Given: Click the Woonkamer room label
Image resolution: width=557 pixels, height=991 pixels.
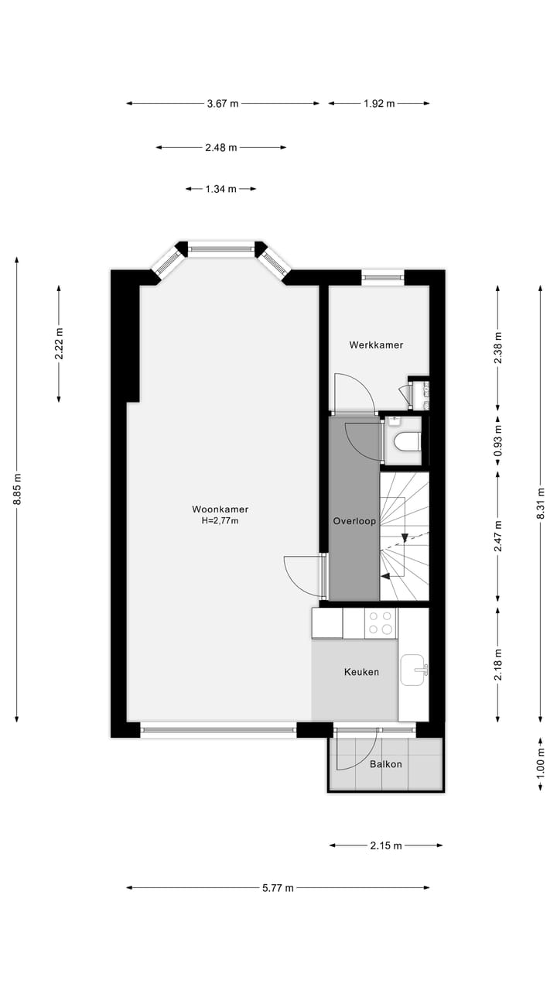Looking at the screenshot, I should [220, 509].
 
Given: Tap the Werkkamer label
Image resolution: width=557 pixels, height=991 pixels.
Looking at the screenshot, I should [376, 345].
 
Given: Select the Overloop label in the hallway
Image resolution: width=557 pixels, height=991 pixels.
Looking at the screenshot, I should [354, 521].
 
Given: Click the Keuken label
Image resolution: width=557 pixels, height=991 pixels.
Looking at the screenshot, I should [361, 672].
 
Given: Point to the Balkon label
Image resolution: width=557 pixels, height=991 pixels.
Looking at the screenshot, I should [385, 764].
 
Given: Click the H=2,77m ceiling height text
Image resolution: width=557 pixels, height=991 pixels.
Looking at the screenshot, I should [220, 520].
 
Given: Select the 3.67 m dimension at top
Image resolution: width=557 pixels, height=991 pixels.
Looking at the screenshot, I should [223, 104].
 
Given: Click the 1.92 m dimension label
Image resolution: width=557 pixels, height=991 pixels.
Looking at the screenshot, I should [379, 104].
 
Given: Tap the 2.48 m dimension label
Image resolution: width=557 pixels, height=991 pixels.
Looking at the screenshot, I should [221, 148].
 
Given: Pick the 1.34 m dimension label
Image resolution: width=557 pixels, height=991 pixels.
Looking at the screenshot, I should [221, 189].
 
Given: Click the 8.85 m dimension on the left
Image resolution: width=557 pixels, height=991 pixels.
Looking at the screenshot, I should [17, 489].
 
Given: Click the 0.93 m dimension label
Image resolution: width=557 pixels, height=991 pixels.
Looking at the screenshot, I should [497, 439].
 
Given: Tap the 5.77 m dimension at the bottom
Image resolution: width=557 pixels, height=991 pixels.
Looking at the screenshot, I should [278, 888].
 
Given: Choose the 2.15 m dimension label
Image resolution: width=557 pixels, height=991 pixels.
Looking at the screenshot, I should [386, 845].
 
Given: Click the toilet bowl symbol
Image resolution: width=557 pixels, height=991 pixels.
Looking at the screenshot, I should [407, 441].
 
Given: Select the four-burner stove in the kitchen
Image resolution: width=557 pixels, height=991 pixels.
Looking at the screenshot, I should [380, 623].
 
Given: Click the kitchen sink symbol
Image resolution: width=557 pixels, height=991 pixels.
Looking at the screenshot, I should [415, 667].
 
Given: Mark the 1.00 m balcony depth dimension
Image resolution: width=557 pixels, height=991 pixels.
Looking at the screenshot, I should [541, 763].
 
